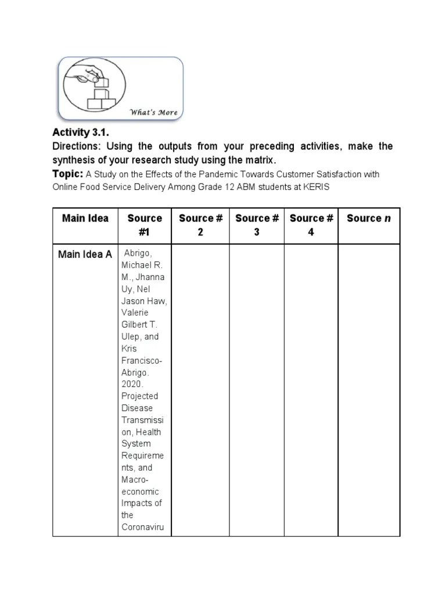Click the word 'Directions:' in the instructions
tap(78, 146)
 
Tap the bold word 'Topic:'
tap(68, 174)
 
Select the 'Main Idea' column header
tap(85, 218)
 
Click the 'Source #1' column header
tap(145, 225)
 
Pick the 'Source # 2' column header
tap(200, 225)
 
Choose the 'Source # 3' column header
tap(257, 225)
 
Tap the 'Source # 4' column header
tap(311, 225)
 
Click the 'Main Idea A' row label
tap(85, 254)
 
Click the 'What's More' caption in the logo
tap(153, 112)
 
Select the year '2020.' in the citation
tap(133, 384)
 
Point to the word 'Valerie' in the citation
tap(135, 313)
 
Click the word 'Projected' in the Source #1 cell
tap(139, 396)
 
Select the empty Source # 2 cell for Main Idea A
tap(200, 389)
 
